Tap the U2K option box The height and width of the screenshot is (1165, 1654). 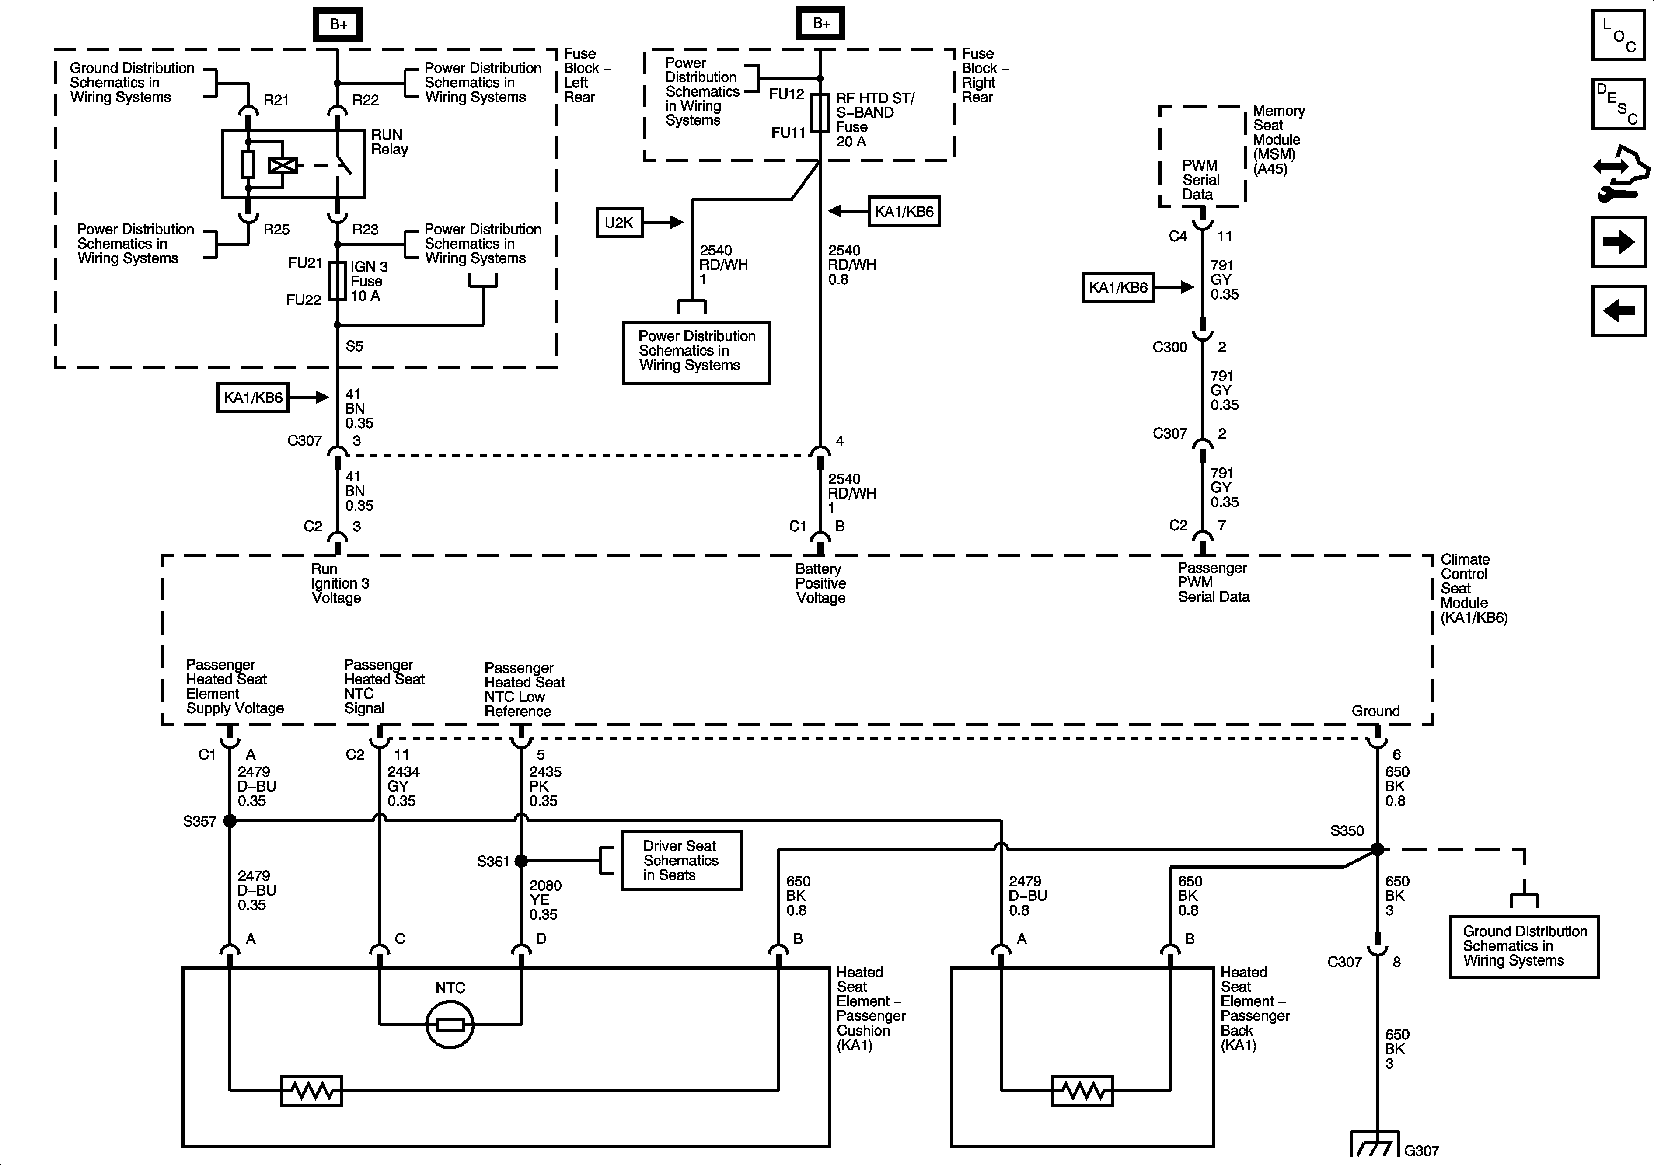pos(619,223)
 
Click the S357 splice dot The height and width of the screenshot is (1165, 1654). pos(230,820)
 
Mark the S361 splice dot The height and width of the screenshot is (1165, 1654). pos(521,861)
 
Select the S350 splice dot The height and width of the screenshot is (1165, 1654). pos(1377,849)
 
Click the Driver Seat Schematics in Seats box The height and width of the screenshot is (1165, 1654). pos(681,861)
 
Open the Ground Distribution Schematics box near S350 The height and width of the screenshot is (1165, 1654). pos(1524,946)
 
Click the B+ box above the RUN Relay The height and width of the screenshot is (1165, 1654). pos(338,24)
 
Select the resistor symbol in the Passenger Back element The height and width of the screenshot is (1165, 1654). pos(1082,1091)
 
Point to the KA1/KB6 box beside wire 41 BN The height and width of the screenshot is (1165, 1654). pos(253,397)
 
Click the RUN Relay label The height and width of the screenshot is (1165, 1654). pos(389,142)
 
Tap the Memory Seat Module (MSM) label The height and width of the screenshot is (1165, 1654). pos(1278,140)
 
